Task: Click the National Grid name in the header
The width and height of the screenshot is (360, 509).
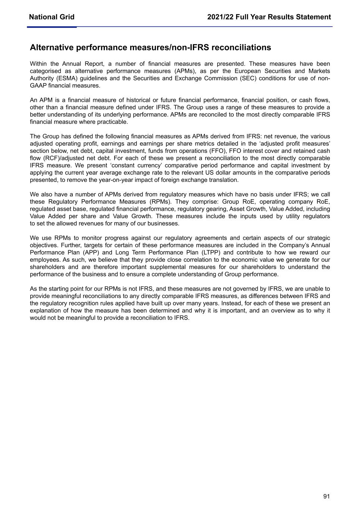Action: pos(51,17)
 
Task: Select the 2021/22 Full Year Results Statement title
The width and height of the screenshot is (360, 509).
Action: pos(269,17)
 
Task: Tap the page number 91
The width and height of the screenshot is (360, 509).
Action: pos(327,496)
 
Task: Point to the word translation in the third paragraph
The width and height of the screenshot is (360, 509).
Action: pos(221,180)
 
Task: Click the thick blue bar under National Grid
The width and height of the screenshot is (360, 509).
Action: pos(51,27)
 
